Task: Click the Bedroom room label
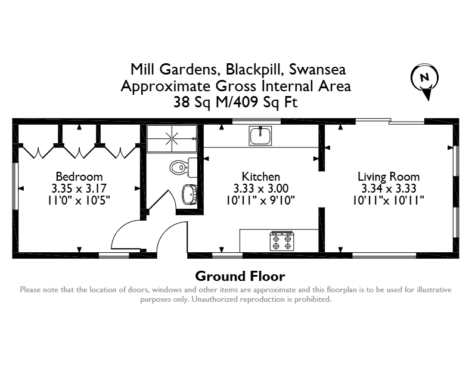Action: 79,177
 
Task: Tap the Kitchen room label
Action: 260,177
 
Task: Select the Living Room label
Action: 389,177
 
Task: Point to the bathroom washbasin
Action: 190,194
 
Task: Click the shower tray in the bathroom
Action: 172,139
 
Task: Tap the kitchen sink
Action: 260,136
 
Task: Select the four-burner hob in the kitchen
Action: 282,241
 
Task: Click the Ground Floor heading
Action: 240,276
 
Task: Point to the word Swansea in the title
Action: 317,70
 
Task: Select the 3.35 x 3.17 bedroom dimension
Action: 79,188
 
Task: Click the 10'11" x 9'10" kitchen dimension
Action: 260,200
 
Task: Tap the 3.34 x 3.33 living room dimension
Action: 389,188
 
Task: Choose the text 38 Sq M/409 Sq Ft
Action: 235,102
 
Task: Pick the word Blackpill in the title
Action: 254,70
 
